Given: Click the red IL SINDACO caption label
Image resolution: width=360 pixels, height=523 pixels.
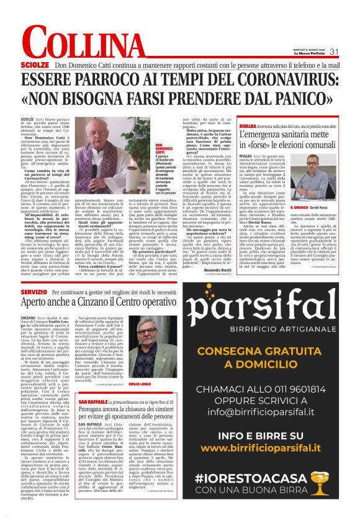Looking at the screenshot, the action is tap(300, 207).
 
